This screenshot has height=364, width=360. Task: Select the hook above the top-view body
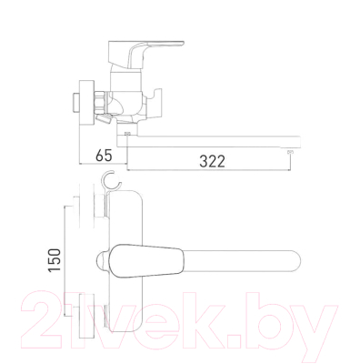click(x=111, y=182)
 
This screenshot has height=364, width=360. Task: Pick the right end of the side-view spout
click(x=295, y=141)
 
